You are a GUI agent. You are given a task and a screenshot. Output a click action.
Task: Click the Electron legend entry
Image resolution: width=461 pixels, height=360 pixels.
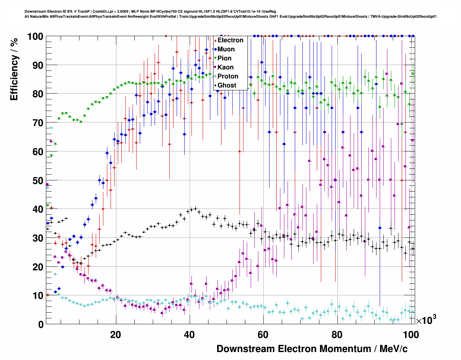coord(230,40)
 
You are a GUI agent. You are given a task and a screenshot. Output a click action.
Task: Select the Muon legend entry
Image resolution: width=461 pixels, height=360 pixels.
coord(226,49)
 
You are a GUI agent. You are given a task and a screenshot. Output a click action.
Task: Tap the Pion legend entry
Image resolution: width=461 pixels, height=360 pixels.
coord(224,58)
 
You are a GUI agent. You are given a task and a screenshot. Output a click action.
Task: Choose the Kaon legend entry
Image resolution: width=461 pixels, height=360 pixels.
coord(225,67)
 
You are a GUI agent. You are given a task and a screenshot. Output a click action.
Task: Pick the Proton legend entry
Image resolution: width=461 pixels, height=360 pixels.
coord(228,76)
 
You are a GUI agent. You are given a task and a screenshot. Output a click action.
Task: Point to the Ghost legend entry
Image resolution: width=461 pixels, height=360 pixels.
coord(227,85)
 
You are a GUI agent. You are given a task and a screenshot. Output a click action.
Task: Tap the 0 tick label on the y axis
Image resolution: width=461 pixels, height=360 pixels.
coord(41,325)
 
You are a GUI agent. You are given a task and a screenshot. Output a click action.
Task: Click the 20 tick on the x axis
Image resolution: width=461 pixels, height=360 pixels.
coord(116,335)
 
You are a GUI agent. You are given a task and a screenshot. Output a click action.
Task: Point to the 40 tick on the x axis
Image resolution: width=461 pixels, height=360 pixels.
coord(189,335)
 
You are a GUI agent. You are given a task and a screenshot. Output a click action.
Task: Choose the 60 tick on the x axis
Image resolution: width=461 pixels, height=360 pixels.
coord(263,335)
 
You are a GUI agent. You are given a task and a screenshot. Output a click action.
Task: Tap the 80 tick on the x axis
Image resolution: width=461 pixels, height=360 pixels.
coord(337,335)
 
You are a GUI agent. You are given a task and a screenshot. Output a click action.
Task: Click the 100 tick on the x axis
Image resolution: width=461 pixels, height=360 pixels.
coord(411,335)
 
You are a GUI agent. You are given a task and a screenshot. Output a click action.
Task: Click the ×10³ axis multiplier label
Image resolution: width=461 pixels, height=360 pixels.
coord(426,320)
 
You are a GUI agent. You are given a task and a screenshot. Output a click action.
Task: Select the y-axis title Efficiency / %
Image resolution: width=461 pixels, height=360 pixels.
coord(14,69)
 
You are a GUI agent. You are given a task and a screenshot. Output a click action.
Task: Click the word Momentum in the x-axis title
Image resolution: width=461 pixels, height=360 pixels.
coord(336,349)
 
